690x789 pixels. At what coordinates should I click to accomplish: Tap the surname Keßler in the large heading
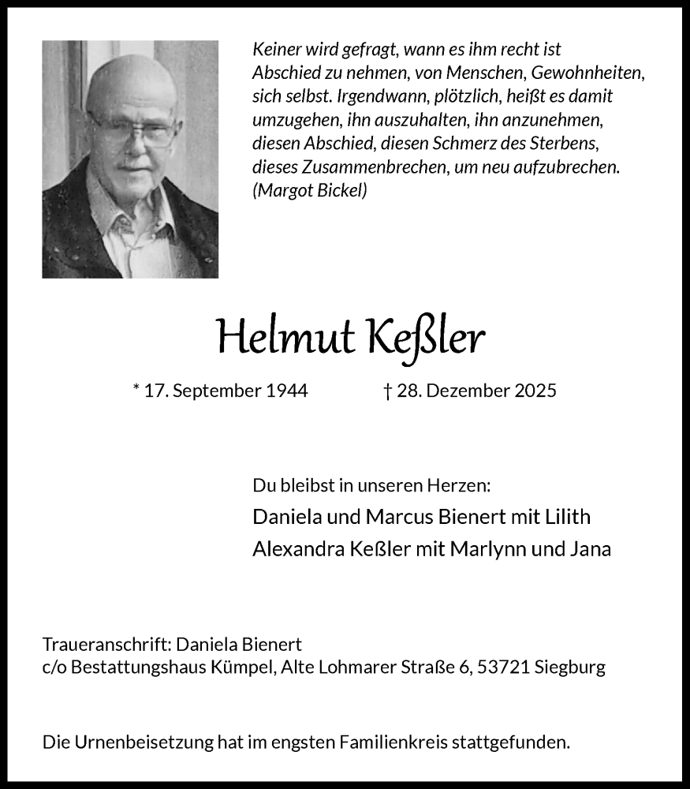426,338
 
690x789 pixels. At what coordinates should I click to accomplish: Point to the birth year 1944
285,390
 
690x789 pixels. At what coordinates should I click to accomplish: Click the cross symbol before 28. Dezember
387,390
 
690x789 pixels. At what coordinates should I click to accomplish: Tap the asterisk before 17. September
137,388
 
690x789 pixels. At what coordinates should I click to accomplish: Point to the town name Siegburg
570,667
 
